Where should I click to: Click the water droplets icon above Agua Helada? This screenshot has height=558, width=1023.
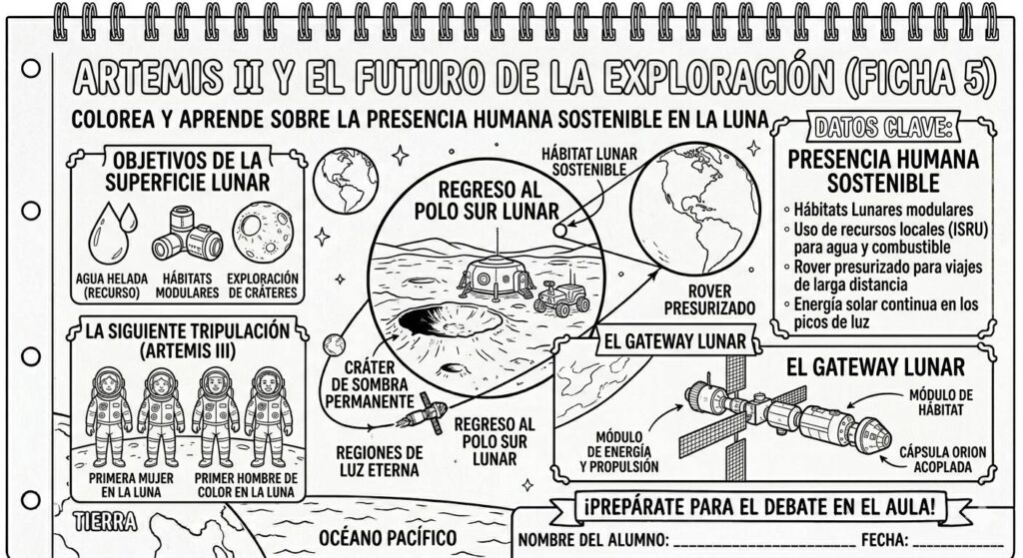[112, 233]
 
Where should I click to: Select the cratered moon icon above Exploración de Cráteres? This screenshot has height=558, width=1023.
[264, 232]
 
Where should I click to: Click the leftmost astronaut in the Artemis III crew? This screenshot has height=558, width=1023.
[109, 416]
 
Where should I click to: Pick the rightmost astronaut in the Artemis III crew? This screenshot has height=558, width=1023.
[268, 416]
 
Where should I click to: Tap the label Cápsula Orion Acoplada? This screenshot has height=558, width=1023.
[942, 459]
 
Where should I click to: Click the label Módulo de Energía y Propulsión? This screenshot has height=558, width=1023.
[619, 452]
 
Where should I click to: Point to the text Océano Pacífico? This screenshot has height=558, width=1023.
[388, 538]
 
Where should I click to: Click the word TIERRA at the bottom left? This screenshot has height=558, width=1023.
[105, 522]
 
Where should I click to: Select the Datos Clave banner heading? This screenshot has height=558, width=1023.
[883, 128]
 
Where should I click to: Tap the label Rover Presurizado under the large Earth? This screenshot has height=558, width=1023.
[710, 299]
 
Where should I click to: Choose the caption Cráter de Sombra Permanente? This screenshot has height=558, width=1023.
[370, 385]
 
